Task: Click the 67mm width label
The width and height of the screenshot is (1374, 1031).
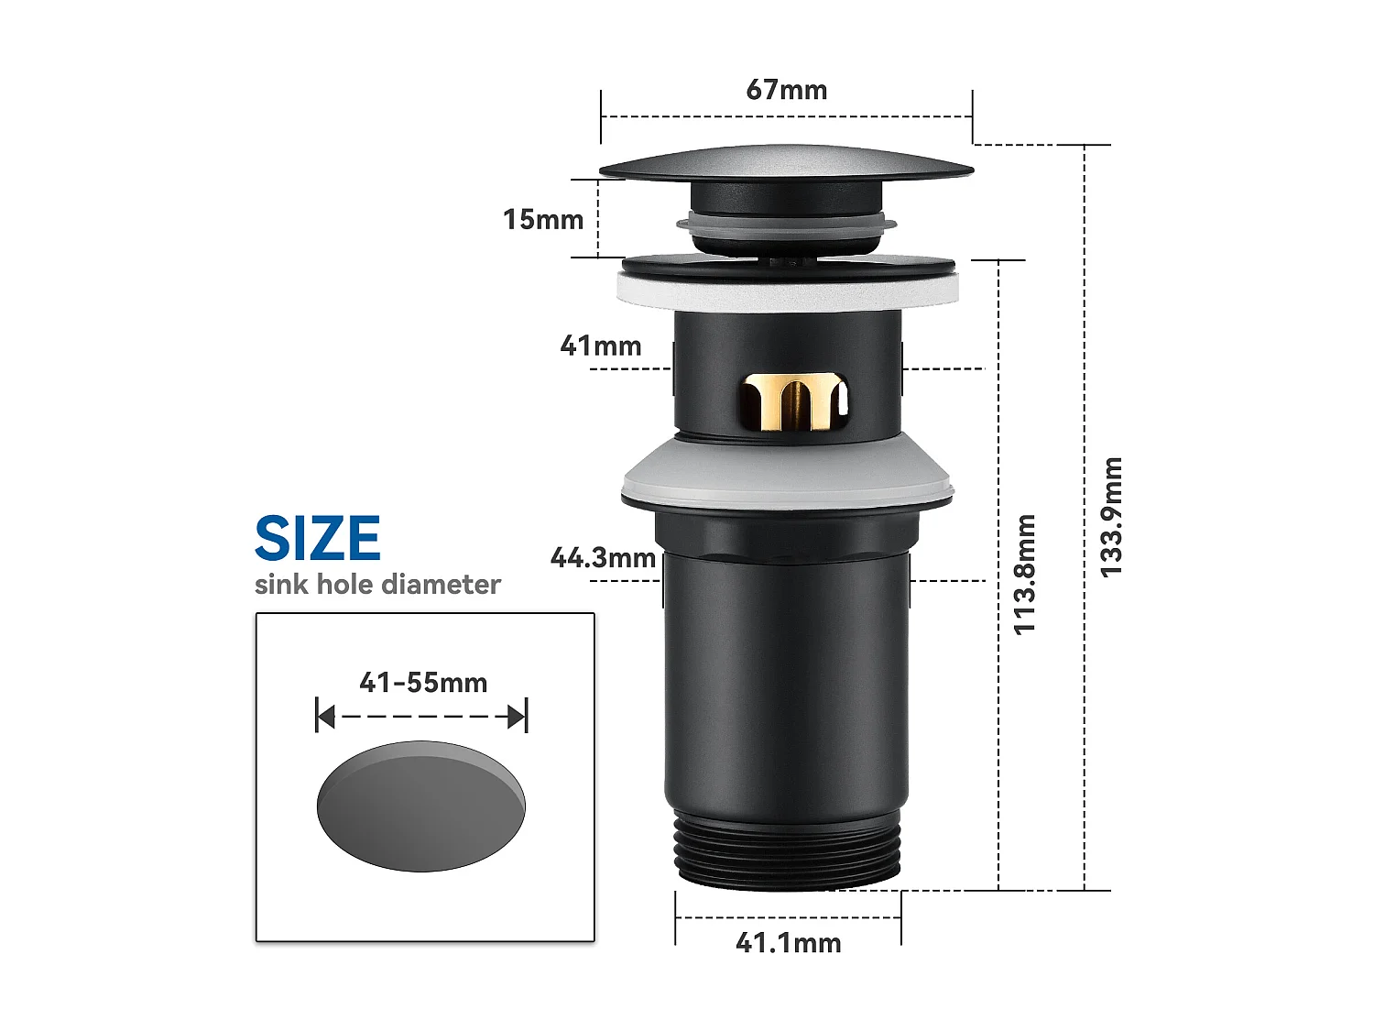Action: coord(786,90)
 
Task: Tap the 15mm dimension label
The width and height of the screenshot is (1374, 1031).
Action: coord(542,220)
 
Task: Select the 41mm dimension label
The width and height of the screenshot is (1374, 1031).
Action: coord(600,346)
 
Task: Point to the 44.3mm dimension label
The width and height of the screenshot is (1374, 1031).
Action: coord(602,558)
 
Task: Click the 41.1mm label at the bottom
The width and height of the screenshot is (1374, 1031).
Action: coord(788,943)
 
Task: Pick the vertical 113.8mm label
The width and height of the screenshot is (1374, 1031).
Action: coord(1024,575)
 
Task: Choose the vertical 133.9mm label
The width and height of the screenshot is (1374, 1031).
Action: coord(1110,518)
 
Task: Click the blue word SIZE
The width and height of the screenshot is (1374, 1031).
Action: coord(317,539)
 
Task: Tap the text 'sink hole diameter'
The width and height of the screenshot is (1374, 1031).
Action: coord(377,585)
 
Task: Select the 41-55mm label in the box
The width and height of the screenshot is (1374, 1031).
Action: coord(422,683)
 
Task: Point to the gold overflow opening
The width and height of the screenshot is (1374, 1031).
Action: coord(793,401)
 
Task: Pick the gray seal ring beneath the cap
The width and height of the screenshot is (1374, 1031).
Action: coord(786,223)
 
